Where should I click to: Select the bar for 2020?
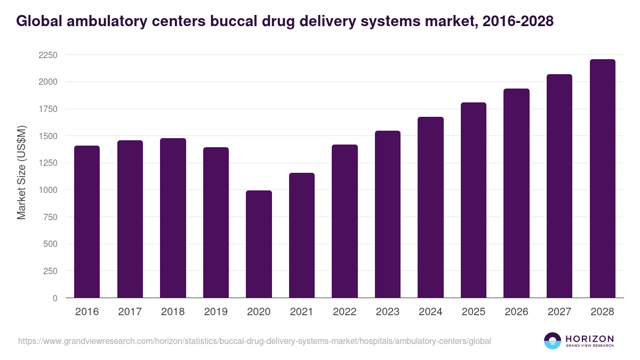pyautogui.click(x=259, y=244)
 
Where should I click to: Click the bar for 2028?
pyautogui.click(x=603, y=179)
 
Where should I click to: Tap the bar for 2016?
pyautogui.click(x=87, y=222)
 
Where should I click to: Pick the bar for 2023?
pyautogui.click(x=388, y=214)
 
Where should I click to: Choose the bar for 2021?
pyautogui.click(x=302, y=235)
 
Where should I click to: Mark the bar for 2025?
pyautogui.click(x=474, y=200)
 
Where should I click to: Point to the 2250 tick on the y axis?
pyautogui.click(x=48, y=55)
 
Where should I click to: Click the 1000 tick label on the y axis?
pyautogui.click(x=48, y=190)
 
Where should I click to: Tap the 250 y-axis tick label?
pyautogui.click(x=51, y=271)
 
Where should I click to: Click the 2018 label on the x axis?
pyautogui.click(x=173, y=312)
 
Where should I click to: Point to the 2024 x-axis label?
pyautogui.click(x=430, y=312)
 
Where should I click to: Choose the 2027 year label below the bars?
pyautogui.click(x=559, y=312)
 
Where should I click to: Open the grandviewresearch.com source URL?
pyautogui.click(x=254, y=341)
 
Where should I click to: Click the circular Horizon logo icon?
pyautogui.click(x=553, y=341)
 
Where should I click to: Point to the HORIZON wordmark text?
pyautogui.click(x=589, y=339)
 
